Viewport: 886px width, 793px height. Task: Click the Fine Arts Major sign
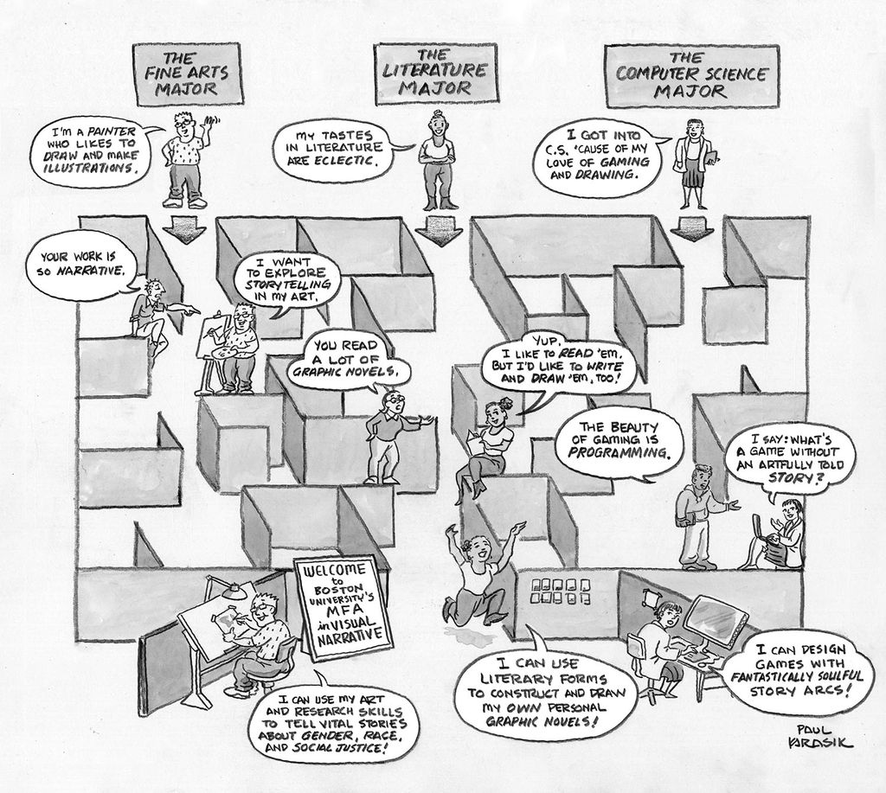click(187, 74)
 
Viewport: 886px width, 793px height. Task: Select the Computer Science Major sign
click(690, 74)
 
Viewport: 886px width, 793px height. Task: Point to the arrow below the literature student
click(439, 231)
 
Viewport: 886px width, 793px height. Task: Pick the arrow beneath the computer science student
click(690, 227)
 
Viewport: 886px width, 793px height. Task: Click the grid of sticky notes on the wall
click(560, 591)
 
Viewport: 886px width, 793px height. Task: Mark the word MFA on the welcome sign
click(340, 611)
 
